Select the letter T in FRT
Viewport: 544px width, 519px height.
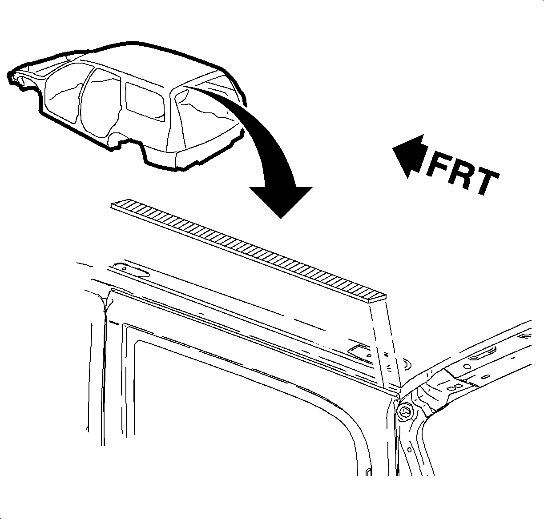484,182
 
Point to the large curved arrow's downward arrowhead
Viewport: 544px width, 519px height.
281,202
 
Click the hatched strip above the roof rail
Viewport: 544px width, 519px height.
248,251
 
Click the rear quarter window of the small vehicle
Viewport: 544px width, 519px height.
145,102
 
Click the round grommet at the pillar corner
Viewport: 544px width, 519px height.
404,411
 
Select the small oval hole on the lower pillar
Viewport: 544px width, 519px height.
409,450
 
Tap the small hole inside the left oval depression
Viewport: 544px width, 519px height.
124,268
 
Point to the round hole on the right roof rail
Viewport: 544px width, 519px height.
467,367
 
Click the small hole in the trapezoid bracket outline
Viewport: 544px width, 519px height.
369,355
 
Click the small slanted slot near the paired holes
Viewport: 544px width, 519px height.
486,377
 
